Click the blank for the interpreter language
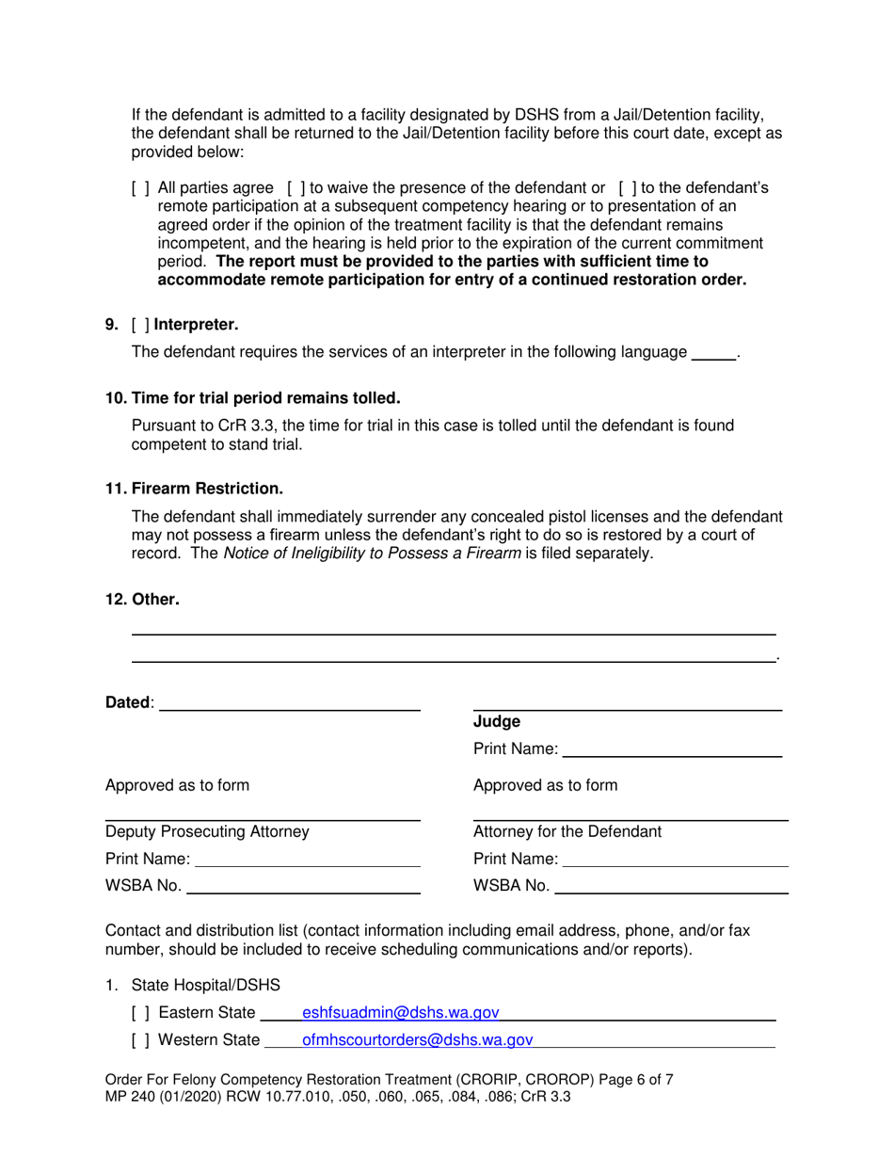[x=712, y=353]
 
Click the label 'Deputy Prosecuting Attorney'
[x=206, y=831]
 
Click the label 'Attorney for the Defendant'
[x=567, y=831]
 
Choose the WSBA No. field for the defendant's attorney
[x=671, y=885]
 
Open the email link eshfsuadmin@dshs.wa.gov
[x=400, y=1013]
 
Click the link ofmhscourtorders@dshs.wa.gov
[x=417, y=1040]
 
